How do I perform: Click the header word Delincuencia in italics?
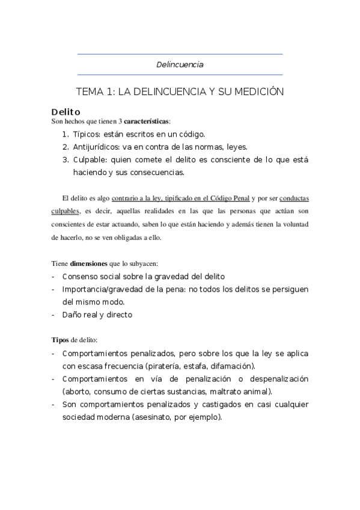pos(180,64)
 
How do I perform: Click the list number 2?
pos(65,147)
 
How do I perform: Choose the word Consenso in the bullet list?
pos(81,276)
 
